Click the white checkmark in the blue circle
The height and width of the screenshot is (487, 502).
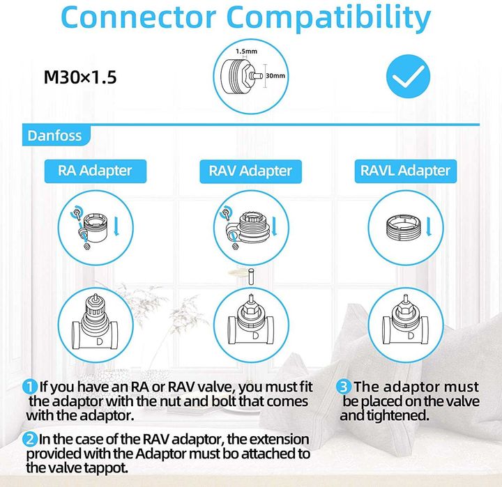(408, 76)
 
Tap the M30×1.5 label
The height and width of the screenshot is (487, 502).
(80, 77)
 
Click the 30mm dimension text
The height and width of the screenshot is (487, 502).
(275, 76)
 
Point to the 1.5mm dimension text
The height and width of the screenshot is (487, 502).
(246, 51)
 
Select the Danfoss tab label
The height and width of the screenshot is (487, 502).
(55, 136)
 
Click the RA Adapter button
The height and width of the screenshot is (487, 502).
(96, 171)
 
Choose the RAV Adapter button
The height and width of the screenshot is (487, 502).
(250, 171)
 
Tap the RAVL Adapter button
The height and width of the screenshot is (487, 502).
(406, 171)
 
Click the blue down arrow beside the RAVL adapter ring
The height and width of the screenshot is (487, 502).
(429, 227)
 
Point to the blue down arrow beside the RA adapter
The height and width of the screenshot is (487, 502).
(116, 226)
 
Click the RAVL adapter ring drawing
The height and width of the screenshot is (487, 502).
(404, 228)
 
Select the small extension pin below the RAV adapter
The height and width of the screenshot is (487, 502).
(251, 277)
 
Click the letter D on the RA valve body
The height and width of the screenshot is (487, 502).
(100, 341)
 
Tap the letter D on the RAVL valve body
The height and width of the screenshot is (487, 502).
(411, 335)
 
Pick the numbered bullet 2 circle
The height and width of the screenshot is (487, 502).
(29, 440)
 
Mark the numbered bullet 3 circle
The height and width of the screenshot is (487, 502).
(343, 387)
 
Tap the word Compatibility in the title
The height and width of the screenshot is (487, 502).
(328, 18)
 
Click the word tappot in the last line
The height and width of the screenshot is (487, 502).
(106, 468)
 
